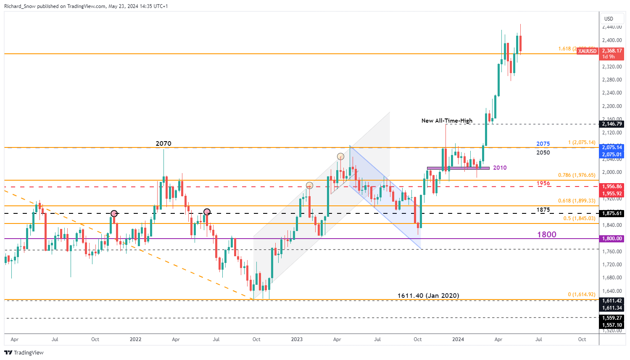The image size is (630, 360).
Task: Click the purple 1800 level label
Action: tap(546, 234)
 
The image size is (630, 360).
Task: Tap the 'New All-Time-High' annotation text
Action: tap(447, 121)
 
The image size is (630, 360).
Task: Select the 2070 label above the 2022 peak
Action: tap(163, 144)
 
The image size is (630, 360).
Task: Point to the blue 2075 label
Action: tap(543, 144)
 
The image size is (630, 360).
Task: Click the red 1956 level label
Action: tap(543, 183)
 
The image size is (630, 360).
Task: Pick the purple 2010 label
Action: tap(500, 168)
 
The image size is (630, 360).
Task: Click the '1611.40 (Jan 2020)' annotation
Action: tap(428, 296)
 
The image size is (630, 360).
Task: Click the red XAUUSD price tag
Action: tap(587, 51)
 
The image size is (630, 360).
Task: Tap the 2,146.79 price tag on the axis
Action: tap(612, 124)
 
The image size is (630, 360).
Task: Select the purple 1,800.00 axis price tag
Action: tap(612, 239)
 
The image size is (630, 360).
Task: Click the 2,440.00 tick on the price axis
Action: tap(612, 27)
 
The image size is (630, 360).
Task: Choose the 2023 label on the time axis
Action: tap(297, 339)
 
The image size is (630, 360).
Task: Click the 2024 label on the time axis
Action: tap(458, 339)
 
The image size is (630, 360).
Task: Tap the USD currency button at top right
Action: tap(609, 18)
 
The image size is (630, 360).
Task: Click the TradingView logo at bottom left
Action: tap(24, 352)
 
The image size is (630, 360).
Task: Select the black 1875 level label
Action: tap(543, 210)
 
